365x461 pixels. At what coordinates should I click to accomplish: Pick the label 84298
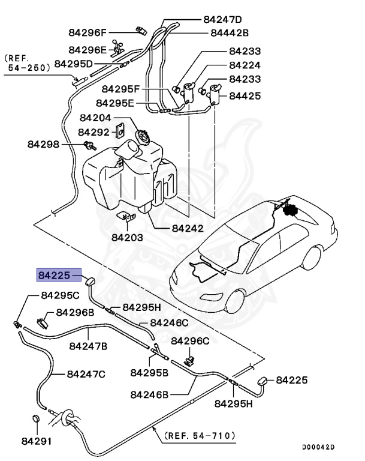pos(43,144)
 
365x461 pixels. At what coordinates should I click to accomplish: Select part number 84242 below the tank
pos(188,228)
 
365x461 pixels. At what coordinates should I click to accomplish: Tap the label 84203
pos(127,237)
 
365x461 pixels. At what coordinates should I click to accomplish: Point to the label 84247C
pos(86,374)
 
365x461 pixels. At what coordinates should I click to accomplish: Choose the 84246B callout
pos(149,395)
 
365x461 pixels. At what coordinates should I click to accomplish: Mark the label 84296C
pos(190,341)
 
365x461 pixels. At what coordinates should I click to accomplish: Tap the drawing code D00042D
pos(318,447)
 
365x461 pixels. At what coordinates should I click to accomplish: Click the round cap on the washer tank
pos(144,137)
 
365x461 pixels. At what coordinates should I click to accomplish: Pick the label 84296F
pos(86,32)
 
